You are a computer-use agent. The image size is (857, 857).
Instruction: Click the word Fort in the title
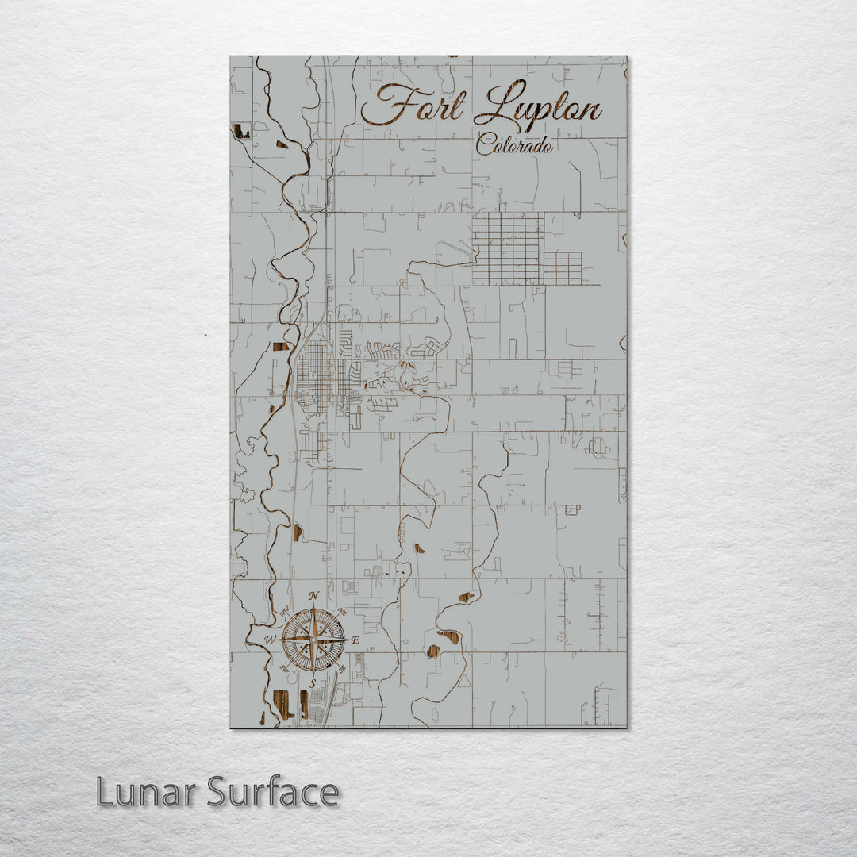[x=413, y=105]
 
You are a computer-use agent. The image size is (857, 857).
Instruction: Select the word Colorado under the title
[x=514, y=145]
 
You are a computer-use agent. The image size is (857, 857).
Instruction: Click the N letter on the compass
[x=313, y=596]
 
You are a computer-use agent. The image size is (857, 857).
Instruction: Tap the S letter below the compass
[x=313, y=682]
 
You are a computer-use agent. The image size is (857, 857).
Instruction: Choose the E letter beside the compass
[x=355, y=640]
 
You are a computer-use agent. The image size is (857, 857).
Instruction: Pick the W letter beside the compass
[x=271, y=639]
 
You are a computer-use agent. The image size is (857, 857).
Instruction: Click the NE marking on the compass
[x=341, y=611]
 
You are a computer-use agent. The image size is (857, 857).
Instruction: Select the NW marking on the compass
[x=284, y=610]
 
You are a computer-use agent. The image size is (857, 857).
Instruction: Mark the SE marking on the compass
[x=343, y=667]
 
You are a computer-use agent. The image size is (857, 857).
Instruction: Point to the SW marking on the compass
[x=285, y=668]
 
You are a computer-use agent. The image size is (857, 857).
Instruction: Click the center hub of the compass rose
[x=314, y=638]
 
